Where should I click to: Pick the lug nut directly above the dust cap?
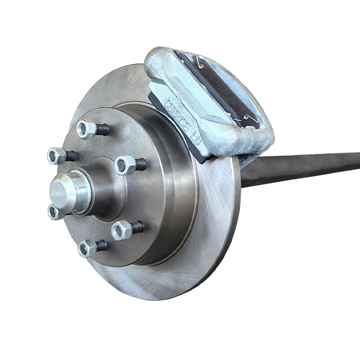(x=57, y=156)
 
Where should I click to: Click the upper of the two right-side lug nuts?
(x=125, y=165)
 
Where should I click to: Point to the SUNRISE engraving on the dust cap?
(x=58, y=195)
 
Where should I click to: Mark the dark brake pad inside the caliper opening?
(x=218, y=88)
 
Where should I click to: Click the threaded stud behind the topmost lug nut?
(x=103, y=130)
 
